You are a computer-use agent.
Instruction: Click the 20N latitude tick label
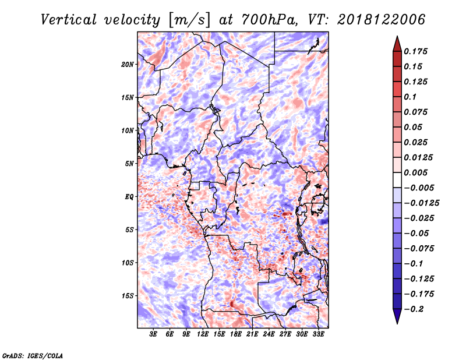pyautogui.click(x=128, y=65)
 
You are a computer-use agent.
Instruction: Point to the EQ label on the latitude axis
pyautogui.click(x=129, y=197)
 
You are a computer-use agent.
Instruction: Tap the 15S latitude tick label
pyautogui.click(x=128, y=296)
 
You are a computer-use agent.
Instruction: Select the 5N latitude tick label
pyautogui.click(x=129, y=164)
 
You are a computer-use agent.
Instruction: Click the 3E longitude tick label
pyautogui.click(x=153, y=334)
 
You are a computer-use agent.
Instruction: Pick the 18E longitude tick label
pyautogui.click(x=236, y=334)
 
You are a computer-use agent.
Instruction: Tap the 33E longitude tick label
pyautogui.click(x=318, y=334)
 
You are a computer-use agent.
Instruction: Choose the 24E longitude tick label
pyautogui.click(x=269, y=334)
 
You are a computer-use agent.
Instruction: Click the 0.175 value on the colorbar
pyautogui.click(x=416, y=51)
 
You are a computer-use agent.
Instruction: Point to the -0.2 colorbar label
pyautogui.click(x=414, y=309)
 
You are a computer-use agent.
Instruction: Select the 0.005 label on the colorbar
pyautogui.click(x=416, y=172)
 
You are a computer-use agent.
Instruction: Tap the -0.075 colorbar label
pyautogui.click(x=419, y=249)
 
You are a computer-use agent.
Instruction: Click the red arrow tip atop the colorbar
pyautogui.click(x=397, y=37)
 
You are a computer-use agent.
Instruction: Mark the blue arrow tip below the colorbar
pyautogui.click(x=397, y=323)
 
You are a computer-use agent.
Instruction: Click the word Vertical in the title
pyautogui.click(x=69, y=20)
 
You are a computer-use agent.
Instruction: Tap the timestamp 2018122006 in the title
pyautogui.click(x=382, y=20)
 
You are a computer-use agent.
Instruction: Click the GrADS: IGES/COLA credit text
pyautogui.click(x=33, y=355)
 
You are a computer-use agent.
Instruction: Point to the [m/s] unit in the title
pyautogui.click(x=189, y=20)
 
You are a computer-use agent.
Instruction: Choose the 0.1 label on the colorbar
pyautogui.click(x=411, y=97)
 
